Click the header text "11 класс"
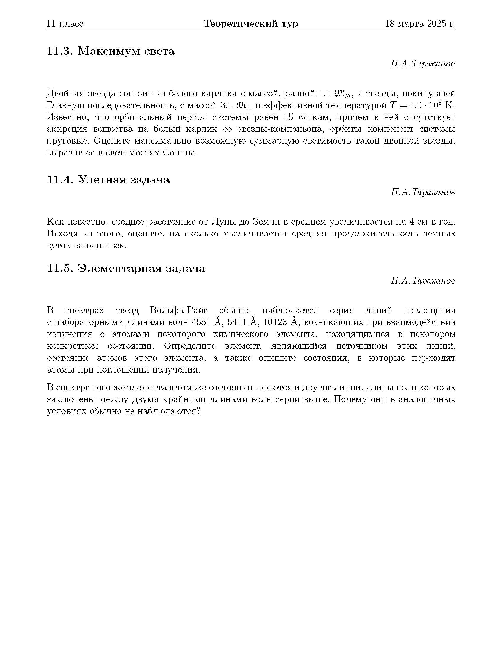(x=65, y=24)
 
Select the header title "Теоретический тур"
(x=251, y=24)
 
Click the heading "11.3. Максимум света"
(x=111, y=51)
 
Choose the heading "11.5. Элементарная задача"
(x=126, y=268)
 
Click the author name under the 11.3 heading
(x=423, y=64)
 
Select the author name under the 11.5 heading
(x=423, y=281)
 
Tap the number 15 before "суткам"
(x=288, y=117)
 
